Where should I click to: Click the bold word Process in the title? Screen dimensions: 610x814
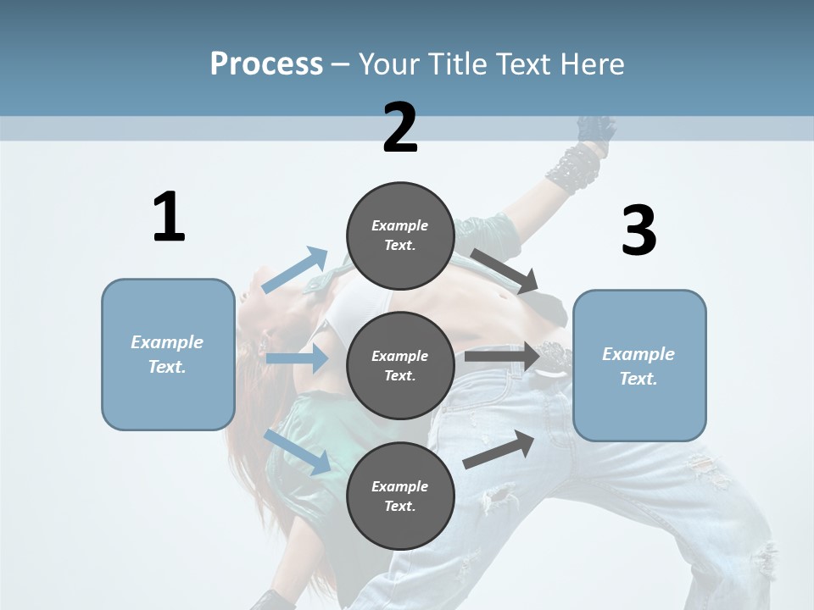[x=266, y=64]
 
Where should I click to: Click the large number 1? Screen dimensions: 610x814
[x=169, y=217]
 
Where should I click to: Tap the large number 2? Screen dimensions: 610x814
[x=400, y=128]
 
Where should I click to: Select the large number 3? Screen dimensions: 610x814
[x=638, y=231]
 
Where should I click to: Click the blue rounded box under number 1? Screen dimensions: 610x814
[x=168, y=354]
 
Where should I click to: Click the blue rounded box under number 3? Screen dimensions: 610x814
[x=639, y=365]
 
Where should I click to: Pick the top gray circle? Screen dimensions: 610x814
[x=400, y=236]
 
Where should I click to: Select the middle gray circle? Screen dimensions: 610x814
[x=400, y=365]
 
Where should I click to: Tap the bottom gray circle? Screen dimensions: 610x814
[x=400, y=496]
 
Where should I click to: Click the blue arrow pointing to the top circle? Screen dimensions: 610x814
[x=296, y=270]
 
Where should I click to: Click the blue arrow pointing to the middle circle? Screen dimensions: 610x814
[x=297, y=358]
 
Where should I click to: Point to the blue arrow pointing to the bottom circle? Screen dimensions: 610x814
[x=298, y=452]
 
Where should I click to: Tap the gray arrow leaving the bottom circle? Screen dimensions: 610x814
[x=499, y=449]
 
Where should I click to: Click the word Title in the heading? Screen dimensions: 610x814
[x=458, y=64]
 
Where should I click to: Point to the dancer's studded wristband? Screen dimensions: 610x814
[x=572, y=168]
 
